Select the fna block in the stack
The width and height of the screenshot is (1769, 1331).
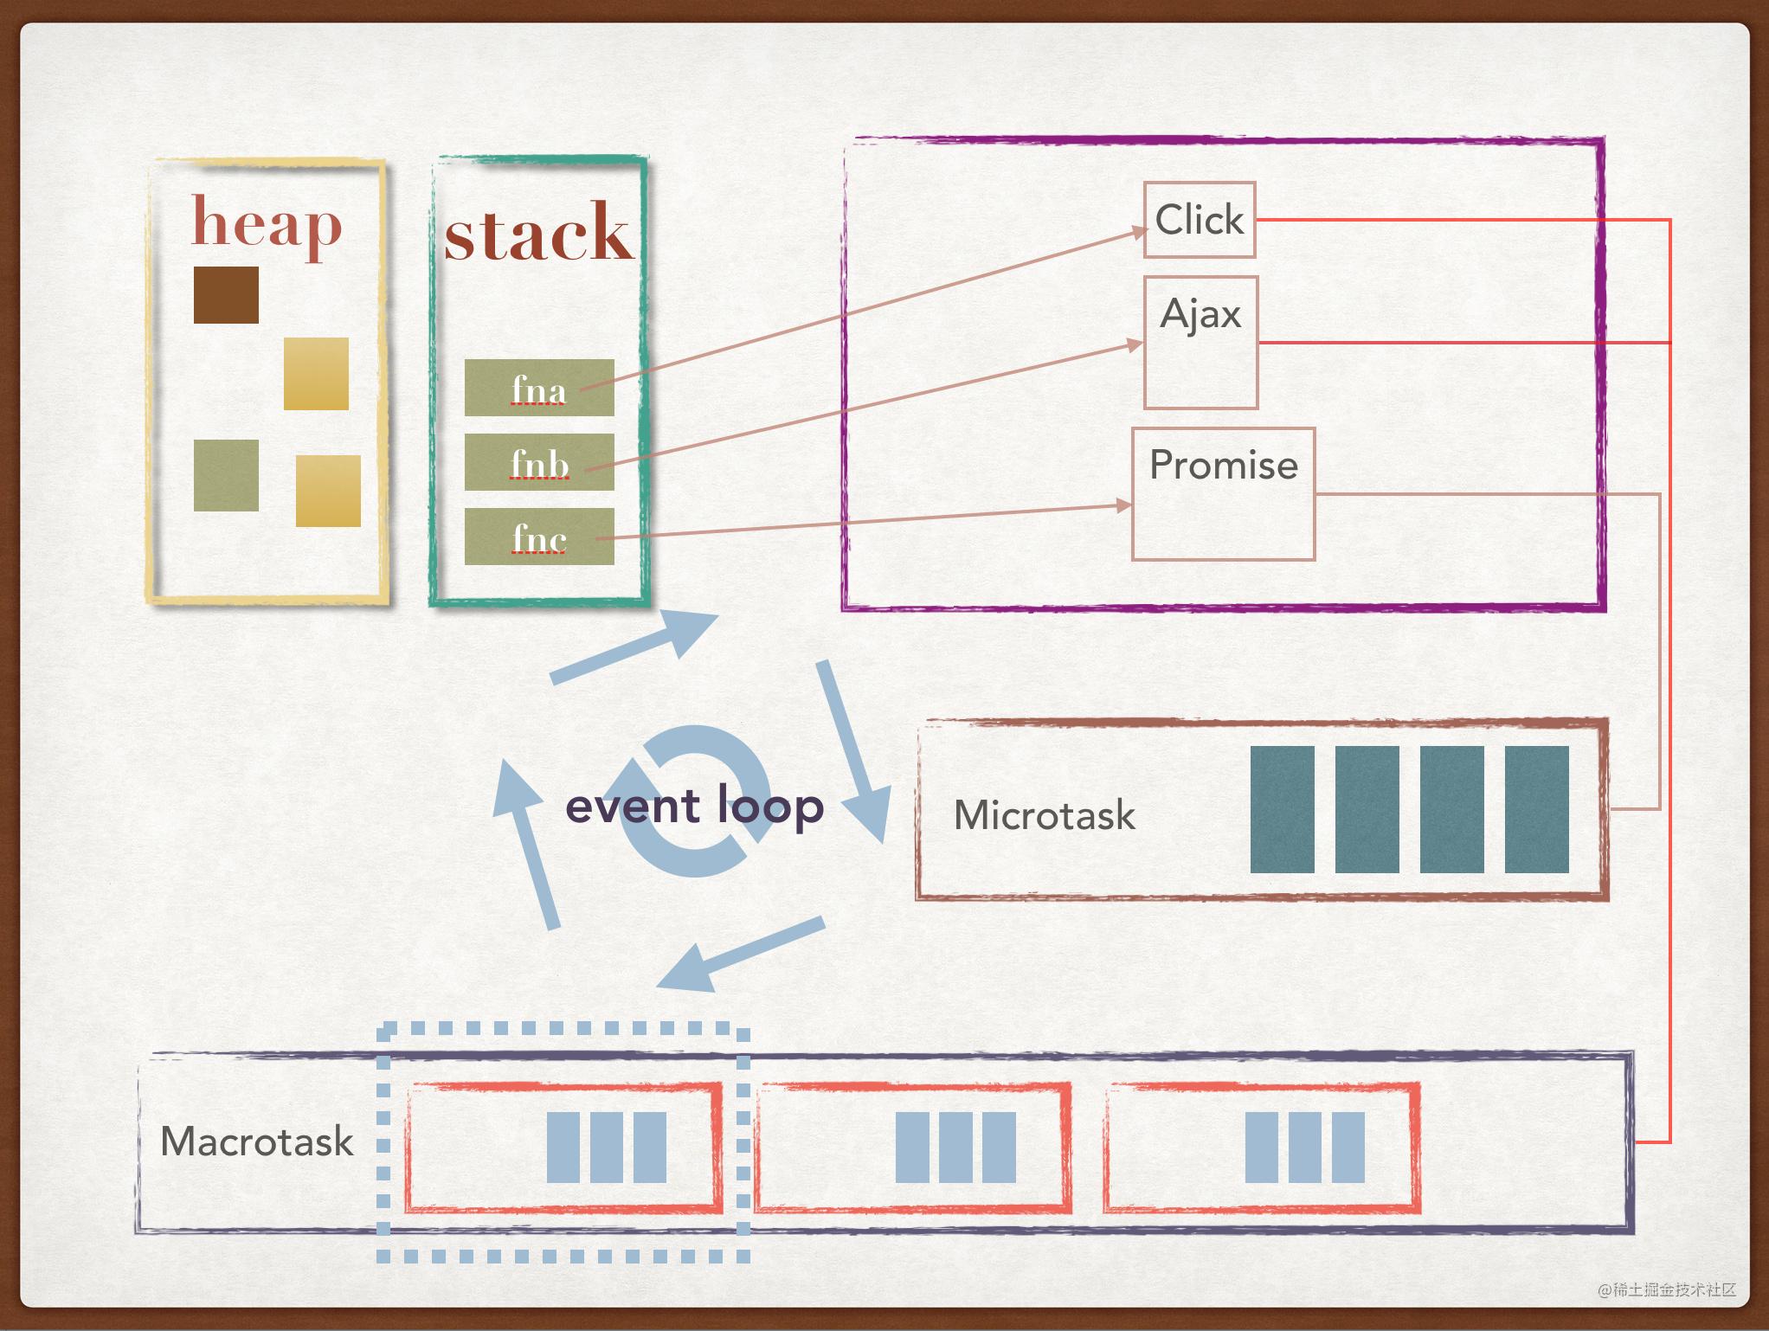tap(538, 388)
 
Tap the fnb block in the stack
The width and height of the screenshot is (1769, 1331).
tap(538, 462)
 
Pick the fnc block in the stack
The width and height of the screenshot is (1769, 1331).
tap(538, 537)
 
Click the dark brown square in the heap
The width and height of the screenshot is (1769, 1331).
tap(226, 295)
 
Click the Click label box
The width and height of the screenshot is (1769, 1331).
tap(1199, 220)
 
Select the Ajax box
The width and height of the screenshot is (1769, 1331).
tap(1200, 342)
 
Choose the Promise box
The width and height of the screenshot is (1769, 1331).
tap(1223, 493)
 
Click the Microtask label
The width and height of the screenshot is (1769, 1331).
tap(1044, 815)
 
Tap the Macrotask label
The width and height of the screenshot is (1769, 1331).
tap(257, 1141)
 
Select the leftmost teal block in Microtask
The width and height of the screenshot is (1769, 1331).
tap(1282, 809)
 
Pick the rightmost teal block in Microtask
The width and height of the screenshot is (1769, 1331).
tap(1536, 809)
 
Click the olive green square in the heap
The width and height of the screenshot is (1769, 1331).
tap(226, 475)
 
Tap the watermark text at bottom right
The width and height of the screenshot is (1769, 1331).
tap(1667, 1289)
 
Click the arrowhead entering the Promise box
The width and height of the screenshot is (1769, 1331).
tap(1124, 505)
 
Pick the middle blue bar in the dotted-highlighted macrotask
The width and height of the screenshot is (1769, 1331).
tap(607, 1148)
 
